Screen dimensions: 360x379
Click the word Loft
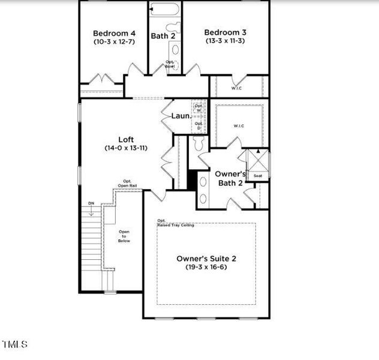tap(125, 139)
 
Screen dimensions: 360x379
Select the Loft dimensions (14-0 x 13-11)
tap(125, 148)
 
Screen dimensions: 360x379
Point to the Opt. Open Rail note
tap(127, 183)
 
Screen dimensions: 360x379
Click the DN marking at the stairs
tap(91, 203)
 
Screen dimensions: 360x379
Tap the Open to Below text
tap(124, 236)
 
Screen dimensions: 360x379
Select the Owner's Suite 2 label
tap(206, 259)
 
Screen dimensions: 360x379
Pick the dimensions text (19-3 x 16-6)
tap(206, 268)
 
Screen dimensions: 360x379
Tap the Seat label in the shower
tap(258, 176)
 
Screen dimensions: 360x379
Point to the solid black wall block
tap(193, 179)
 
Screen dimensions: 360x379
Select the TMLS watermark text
tap(15, 344)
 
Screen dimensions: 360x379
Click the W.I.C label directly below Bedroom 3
tap(237, 89)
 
